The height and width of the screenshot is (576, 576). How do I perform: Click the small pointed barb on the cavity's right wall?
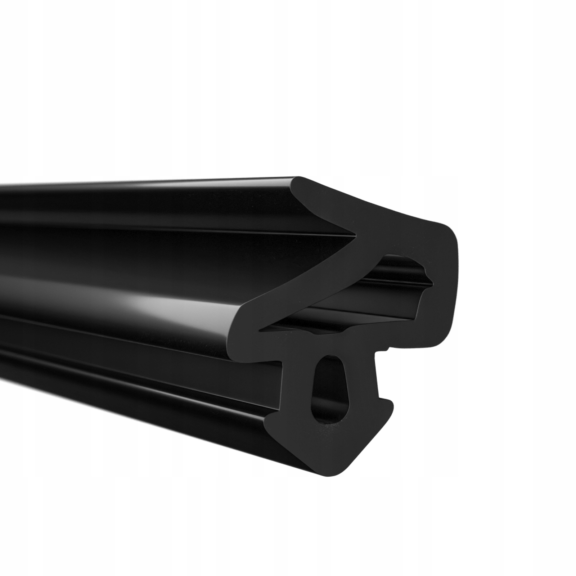tap(424, 271)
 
